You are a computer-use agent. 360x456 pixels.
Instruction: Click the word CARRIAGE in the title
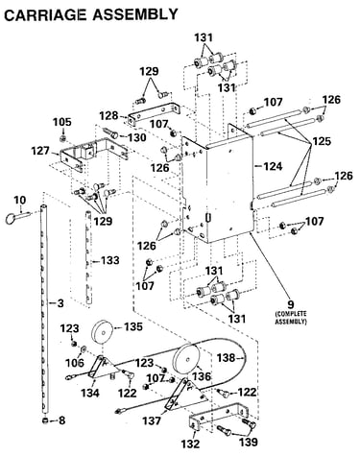pos(45,14)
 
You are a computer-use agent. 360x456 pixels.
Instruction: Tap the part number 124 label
pos(273,166)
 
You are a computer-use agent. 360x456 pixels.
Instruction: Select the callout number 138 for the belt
pos(227,358)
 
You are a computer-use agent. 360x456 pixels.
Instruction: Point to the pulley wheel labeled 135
pos(103,331)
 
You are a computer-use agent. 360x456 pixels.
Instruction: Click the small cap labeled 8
pos(45,420)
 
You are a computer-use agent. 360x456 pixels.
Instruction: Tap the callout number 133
pos(110,260)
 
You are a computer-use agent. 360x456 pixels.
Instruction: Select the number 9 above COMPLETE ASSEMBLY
pos(291,304)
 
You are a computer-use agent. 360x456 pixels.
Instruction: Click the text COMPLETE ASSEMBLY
pos(291,317)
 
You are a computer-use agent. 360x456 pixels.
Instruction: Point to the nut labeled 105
pos(63,138)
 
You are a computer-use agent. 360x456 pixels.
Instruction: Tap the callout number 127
pos(40,151)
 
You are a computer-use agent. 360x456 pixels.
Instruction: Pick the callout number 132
pos(190,444)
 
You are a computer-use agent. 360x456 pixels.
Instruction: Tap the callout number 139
pos(249,442)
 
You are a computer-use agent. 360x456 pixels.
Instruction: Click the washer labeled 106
pos(84,349)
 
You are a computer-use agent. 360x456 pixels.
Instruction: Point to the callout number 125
pos(322,141)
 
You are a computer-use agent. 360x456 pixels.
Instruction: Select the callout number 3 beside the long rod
pos(60,302)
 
